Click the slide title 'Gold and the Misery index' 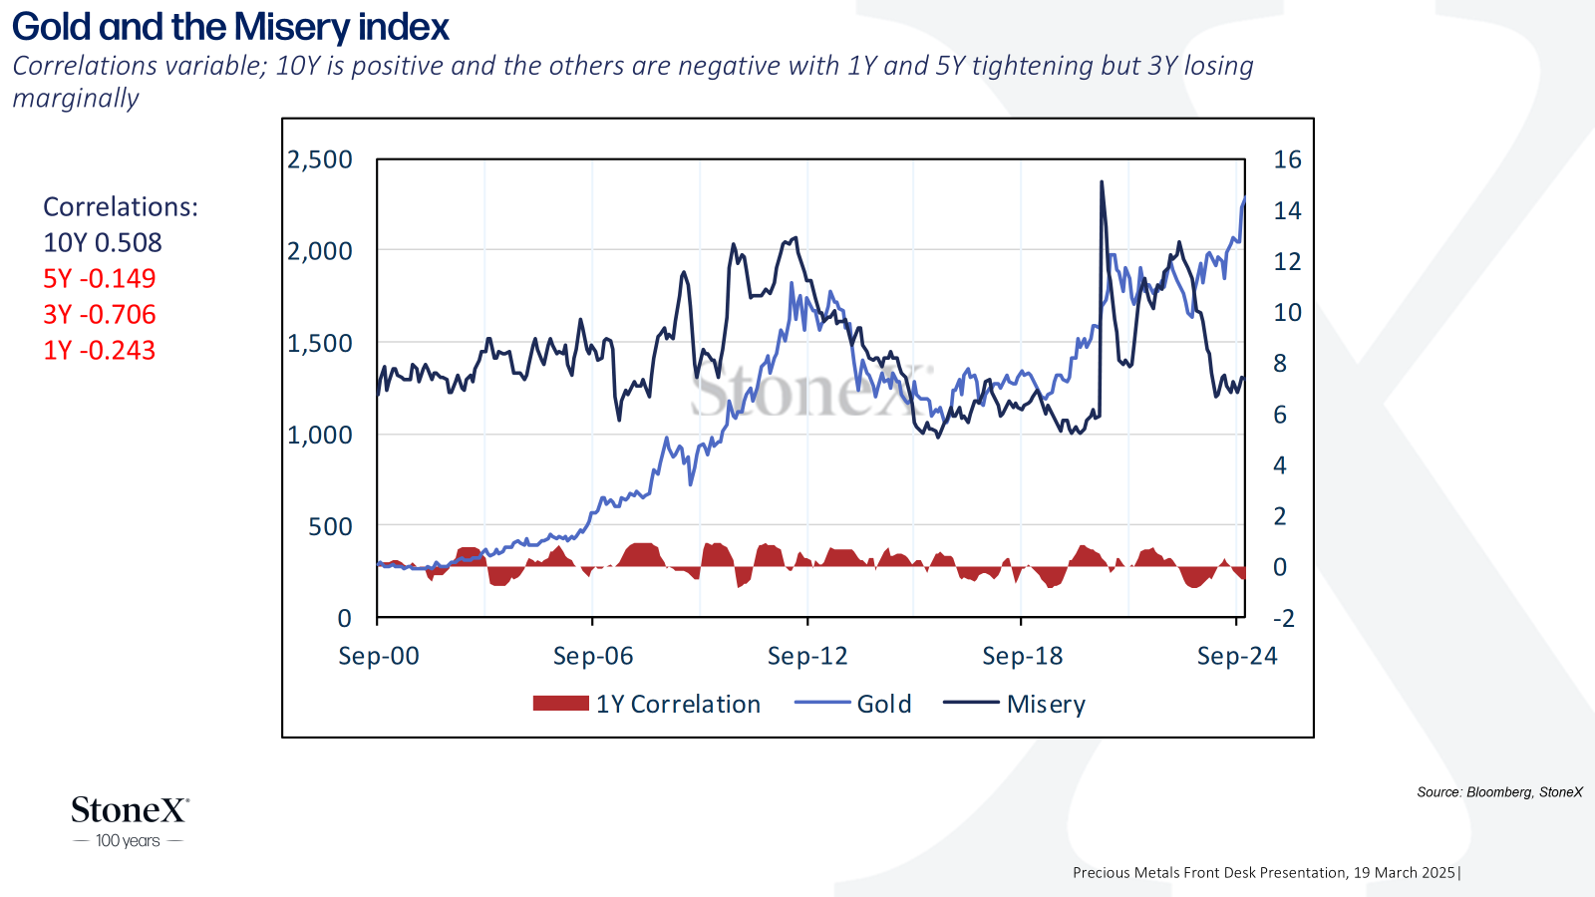(230, 27)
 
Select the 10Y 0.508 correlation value (103, 243)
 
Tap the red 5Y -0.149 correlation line (99, 278)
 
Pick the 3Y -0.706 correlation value (99, 314)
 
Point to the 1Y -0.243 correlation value (99, 350)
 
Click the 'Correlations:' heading (121, 206)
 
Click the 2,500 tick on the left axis (320, 159)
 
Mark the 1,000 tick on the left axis (320, 435)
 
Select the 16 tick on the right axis (1287, 159)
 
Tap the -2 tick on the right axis (1284, 618)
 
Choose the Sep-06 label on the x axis (593, 656)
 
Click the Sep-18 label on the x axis (1023, 656)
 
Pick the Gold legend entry (853, 704)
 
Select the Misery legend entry (1015, 704)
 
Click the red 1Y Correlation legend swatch (561, 704)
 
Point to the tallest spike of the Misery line (1102, 183)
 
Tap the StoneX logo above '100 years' (131, 809)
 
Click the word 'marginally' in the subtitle (76, 99)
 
